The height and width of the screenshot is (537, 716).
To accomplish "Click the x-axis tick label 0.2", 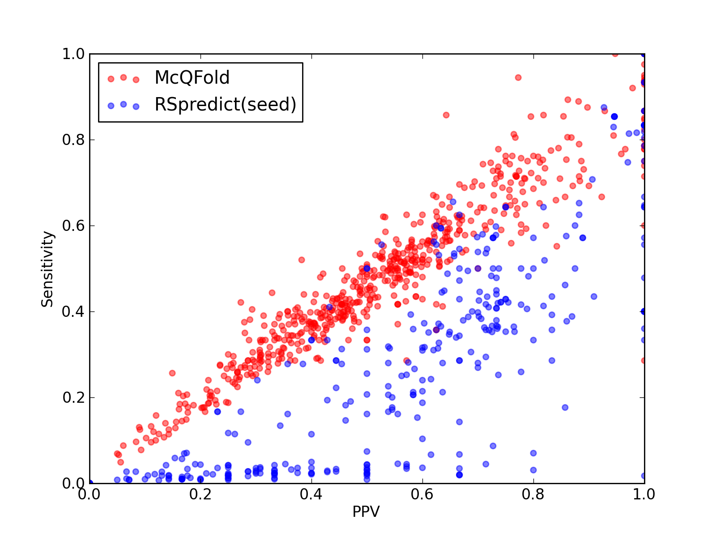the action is pos(200,494).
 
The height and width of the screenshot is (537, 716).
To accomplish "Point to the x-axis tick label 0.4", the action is pos(311,494).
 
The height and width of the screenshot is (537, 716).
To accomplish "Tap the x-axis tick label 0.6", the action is pos(422,494).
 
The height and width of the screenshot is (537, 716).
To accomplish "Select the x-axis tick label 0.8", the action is pos(533,494).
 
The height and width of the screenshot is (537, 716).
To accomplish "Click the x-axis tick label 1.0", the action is pos(644,494).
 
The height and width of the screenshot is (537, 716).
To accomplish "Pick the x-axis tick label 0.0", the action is pos(89,494).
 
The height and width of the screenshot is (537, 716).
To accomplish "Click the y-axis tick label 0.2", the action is pos(73,397).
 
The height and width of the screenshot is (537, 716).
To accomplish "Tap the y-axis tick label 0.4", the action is pos(73,312).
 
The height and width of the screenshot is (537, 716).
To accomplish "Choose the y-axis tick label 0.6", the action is pos(73,226).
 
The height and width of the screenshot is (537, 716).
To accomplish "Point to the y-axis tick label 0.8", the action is pos(73,140).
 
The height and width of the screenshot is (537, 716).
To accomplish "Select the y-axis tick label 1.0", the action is pos(73,54).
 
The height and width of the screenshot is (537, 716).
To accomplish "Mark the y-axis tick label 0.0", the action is pos(73,483).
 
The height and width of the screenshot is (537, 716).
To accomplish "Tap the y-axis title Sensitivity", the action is pos(47,269).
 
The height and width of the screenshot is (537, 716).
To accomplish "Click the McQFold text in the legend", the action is pos(192,77).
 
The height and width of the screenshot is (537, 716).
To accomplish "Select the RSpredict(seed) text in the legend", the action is pos(226,104).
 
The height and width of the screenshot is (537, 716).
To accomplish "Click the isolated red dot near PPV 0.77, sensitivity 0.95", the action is pos(518,77).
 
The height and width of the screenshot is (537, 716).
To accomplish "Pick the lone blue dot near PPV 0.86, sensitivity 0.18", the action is pos(565,407).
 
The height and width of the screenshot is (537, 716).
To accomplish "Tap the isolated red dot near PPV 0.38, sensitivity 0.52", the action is pos(302,260).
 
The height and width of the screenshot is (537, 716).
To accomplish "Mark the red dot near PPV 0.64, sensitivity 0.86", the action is pos(446,115).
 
